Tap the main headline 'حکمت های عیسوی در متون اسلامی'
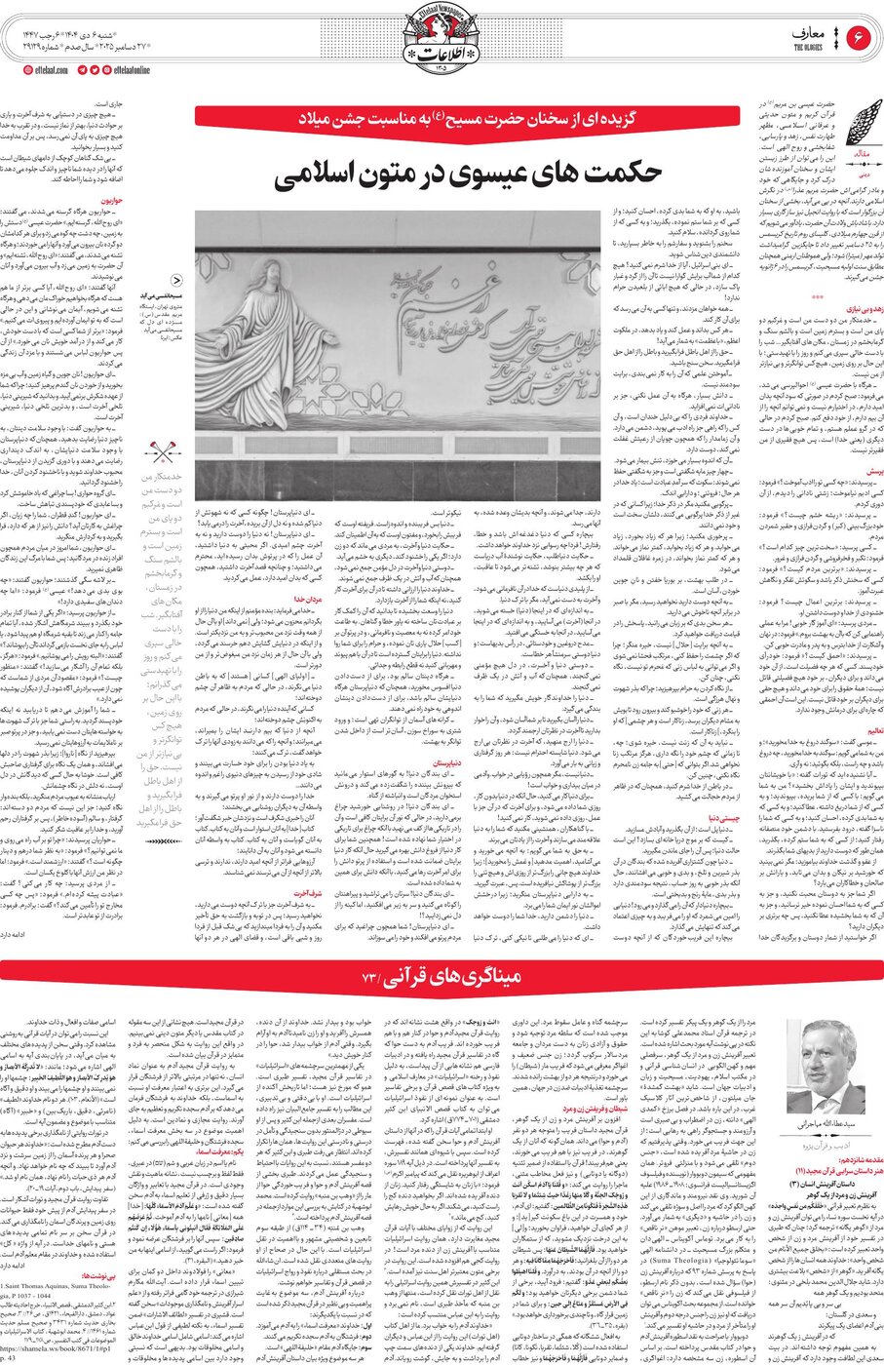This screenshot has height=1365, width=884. [468, 173]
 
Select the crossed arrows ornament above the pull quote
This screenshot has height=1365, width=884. [160, 452]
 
